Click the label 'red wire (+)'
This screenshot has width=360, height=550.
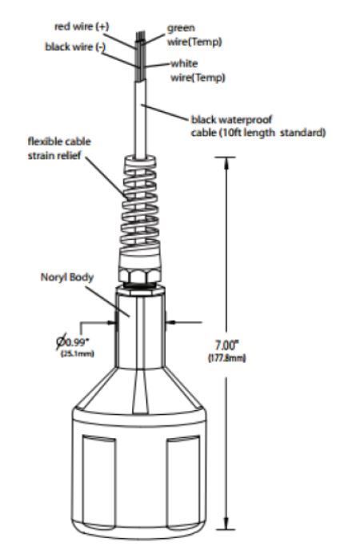click(82, 26)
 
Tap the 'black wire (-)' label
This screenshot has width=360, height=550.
click(75, 47)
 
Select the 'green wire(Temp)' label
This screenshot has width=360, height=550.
click(194, 34)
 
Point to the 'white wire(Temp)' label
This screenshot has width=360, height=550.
click(198, 70)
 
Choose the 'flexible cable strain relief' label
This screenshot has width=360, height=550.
click(59, 149)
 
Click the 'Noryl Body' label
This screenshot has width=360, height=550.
click(67, 277)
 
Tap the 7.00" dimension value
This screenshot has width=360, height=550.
click(226, 345)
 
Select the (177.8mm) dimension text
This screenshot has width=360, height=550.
click(227, 358)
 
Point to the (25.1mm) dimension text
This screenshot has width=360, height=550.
click(78, 353)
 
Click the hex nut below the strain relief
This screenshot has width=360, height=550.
click(140, 274)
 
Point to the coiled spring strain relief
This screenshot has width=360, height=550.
click(140, 203)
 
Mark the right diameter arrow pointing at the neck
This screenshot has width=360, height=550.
click(183, 322)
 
